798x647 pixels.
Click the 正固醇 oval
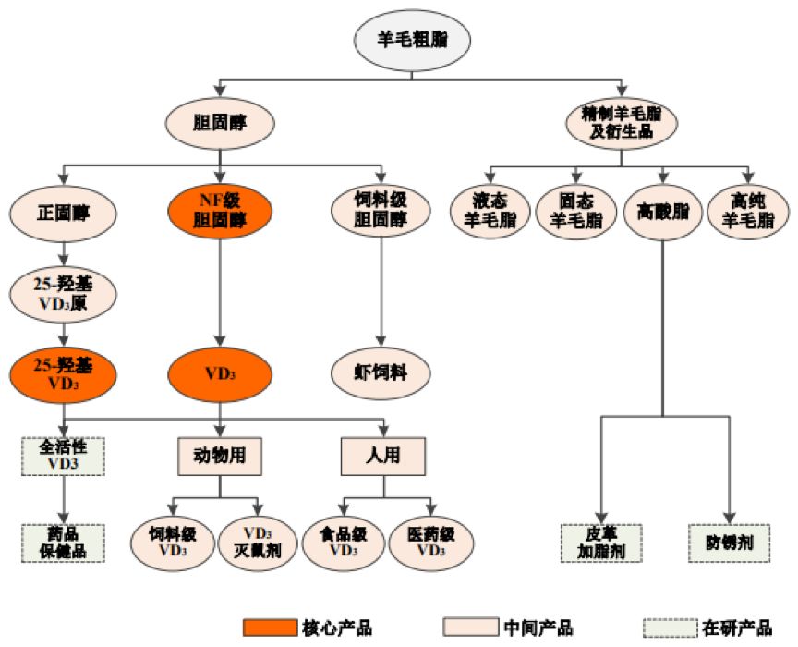coord(64,212)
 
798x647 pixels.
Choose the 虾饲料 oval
coord(381,373)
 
